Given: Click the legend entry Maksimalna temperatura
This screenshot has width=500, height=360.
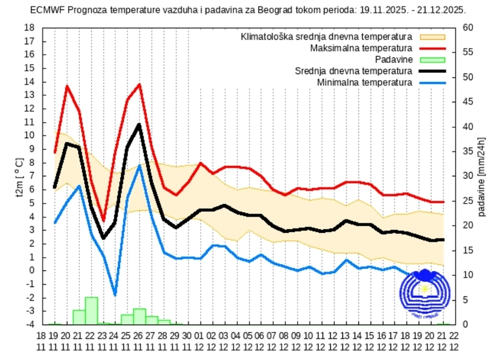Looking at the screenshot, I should [x=360, y=48].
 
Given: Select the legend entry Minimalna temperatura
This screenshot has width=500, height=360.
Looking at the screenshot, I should [x=364, y=82].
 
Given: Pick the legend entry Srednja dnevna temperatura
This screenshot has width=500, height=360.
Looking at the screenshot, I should [x=353, y=71].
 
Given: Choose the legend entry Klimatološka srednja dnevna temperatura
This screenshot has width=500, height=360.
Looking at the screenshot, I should [x=326, y=36].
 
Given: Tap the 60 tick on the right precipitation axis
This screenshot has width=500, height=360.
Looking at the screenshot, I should [x=468, y=28].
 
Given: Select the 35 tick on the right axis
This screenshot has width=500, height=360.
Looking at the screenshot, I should [x=468, y=151].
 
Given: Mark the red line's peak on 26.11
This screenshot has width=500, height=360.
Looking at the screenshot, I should [x=139, y=84].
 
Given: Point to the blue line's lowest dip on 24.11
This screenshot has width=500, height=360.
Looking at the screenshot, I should [x=115, y=295].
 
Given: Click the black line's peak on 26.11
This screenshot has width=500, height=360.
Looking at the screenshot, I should [x=139, y=125].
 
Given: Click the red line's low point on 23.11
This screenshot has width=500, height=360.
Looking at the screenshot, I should [x=103, y=221].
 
